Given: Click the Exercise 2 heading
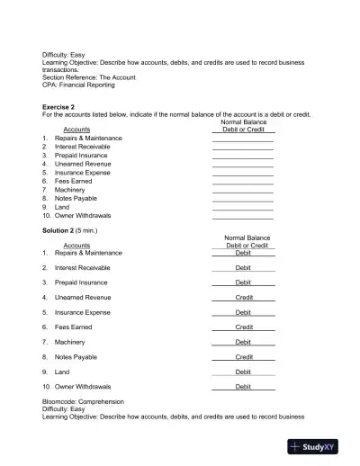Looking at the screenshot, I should coord(62,106).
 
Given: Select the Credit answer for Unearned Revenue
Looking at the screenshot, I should coord(244,298).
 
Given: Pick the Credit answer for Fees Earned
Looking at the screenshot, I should coord(244,327).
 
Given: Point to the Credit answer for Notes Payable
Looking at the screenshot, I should coord(244,357).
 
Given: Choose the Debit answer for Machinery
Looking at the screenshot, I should coord(244,342).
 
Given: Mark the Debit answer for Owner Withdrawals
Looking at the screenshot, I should coord(244,387).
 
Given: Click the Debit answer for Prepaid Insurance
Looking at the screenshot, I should coord(244,282).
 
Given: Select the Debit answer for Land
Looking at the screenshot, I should coord(244,372).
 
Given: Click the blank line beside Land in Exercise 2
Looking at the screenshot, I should coord(243,209).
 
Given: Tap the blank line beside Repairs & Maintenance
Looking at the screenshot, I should coord(243,139).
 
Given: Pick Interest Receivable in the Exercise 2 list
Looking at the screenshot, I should coord(83,147).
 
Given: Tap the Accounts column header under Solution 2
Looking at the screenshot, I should coord(76,246).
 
